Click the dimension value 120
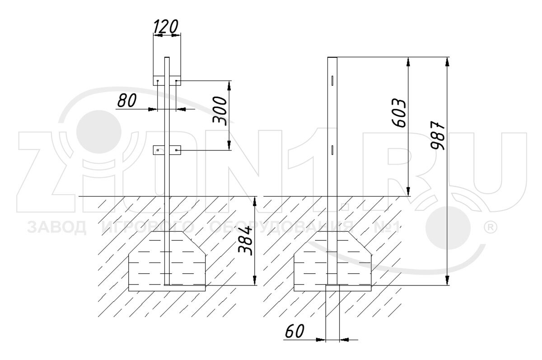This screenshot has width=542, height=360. (166, 27)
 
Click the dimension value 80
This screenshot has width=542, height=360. (127, 101)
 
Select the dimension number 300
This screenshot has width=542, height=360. (220, 111)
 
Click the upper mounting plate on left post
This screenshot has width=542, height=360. (167, 80)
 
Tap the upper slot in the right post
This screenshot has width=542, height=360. (332, 80)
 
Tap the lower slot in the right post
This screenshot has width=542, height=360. (332, 150)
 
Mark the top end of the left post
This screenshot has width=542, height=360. (167, 58)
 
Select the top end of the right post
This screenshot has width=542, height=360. (332, 58)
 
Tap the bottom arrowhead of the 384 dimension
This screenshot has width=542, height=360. (255, 282)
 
